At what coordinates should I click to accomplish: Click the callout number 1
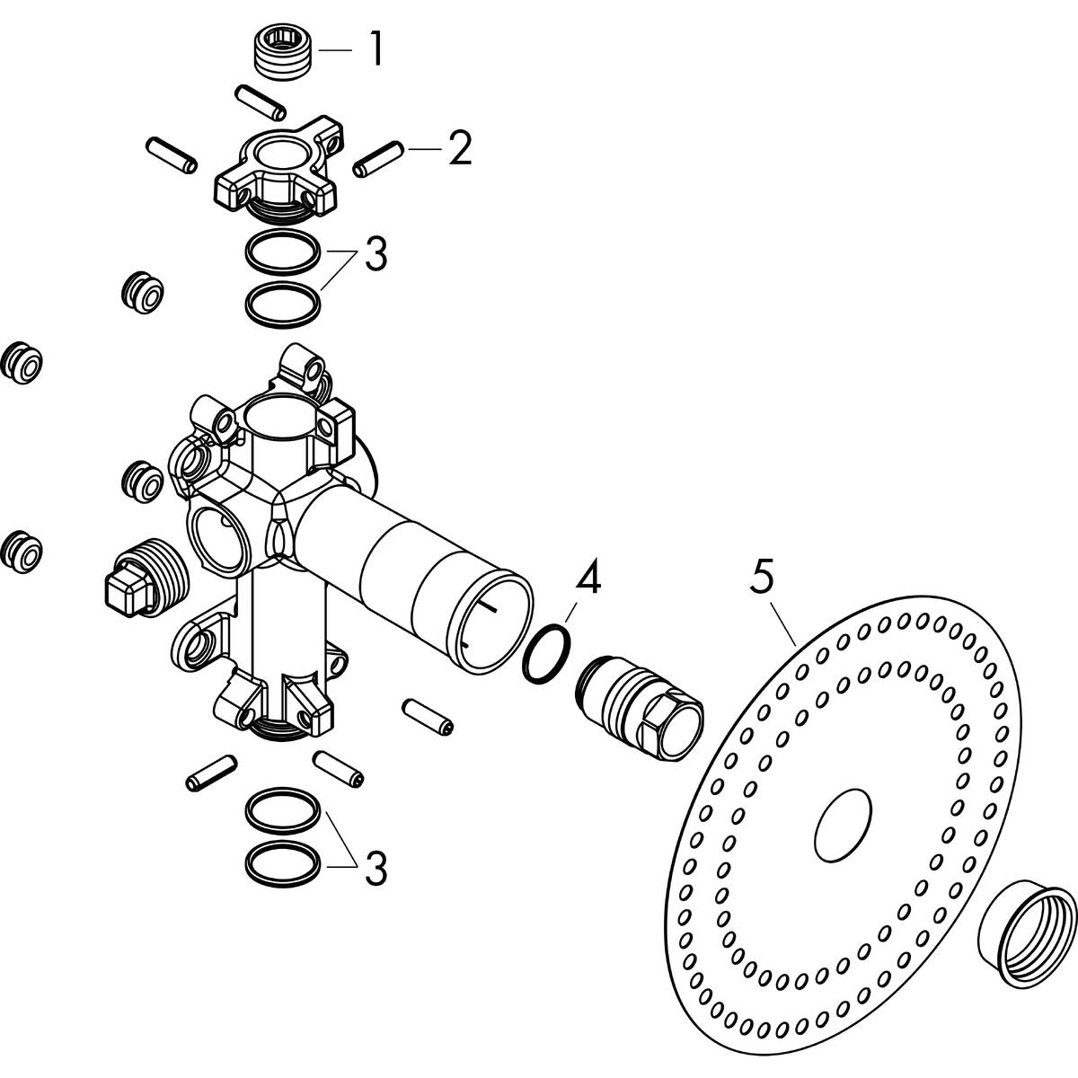[376, 51]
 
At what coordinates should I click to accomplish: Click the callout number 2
[459, 149]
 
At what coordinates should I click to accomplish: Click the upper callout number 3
[375, 254]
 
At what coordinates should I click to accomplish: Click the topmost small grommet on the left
[143, 292]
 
